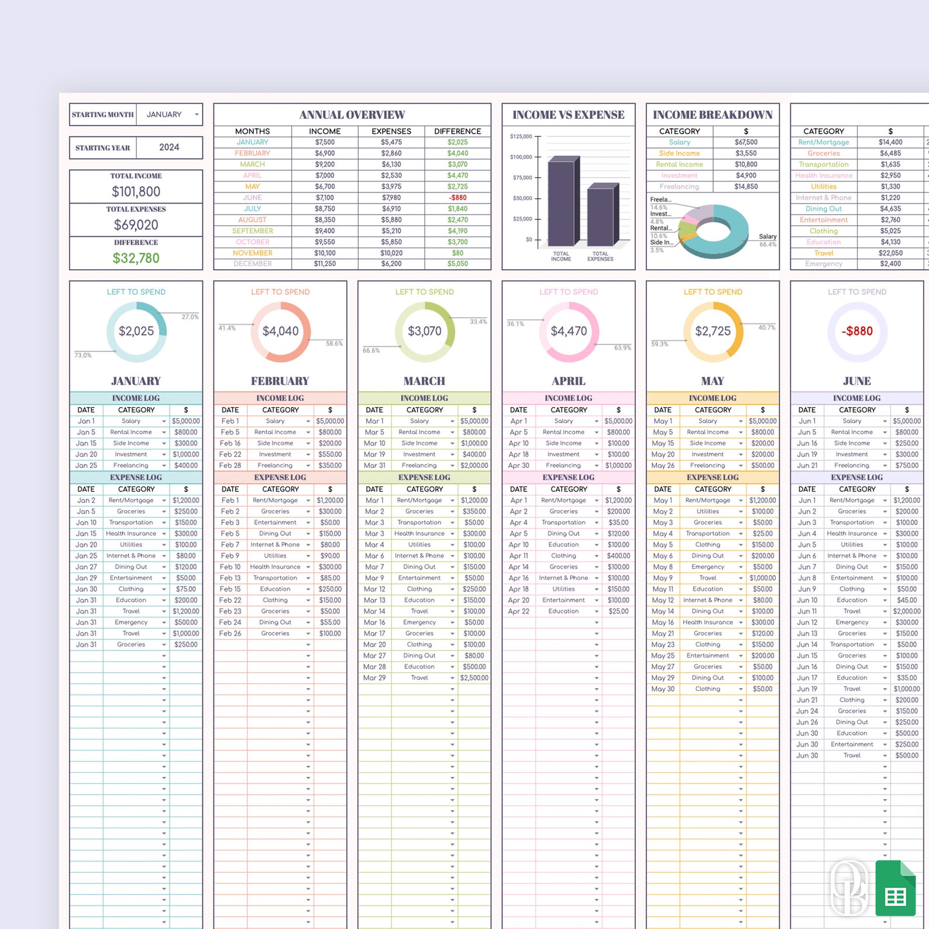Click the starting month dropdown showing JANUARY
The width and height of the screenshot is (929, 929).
click(x=170, y=115)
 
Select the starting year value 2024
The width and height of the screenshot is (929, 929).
click(x=169, y=147)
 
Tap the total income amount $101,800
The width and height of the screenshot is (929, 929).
click(x=136, y=191)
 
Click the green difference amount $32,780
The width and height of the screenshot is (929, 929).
click(x=136, y=258)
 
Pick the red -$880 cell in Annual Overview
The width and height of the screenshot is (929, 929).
click(x=457, y=198)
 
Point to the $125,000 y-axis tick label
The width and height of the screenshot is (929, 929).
click(x=521, y=136)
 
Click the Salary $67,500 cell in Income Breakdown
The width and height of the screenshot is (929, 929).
click(x=746, y=142)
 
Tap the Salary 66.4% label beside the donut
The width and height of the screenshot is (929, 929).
click(x=768, y=240)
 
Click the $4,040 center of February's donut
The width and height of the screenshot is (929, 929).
click(x=280, y=331)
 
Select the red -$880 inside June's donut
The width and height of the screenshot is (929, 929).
click(x=857, y=331)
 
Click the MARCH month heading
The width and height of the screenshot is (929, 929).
click(x=424, y=381)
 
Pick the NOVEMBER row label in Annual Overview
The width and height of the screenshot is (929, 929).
click(x=252, y=253)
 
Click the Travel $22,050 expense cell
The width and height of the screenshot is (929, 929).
click(x=890, y=253)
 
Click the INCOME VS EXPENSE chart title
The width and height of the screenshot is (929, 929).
click(x=568, y=115)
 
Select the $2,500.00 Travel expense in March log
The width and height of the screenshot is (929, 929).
click(x=474, y=678)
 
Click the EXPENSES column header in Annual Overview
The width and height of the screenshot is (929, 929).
click(x=391, y=131)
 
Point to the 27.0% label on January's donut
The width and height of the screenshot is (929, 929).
click(x=190, y=316)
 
